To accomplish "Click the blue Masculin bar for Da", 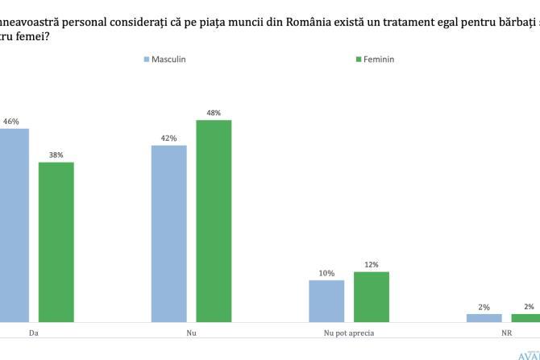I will coord(14,226).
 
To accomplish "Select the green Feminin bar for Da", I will coord(56,242).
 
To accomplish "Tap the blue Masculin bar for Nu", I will coord(169,234).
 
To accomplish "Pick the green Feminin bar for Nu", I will coord(214,221).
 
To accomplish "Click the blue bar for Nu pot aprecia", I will coord(326,301).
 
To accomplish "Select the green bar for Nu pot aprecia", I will coord(371,297).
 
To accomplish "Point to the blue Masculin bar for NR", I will coord(484,318).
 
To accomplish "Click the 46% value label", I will coord(11,122).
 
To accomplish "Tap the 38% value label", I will coord(56,155).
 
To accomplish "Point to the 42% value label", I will coord(168,139).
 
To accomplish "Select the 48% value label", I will coord(214,113).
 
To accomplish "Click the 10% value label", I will coord(326,273).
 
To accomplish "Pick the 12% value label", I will coord(371,264).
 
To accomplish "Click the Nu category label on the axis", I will coord(191,332).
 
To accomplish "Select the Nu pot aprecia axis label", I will coord(348,332).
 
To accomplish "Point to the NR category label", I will coord(505,332).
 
